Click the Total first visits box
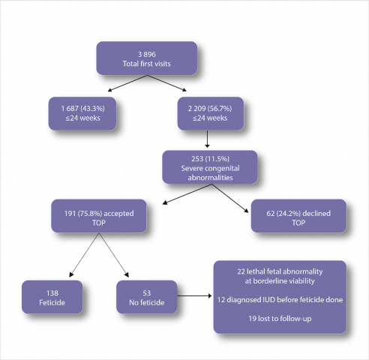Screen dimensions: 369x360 click(147, 58)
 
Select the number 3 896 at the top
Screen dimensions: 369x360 click(147, 54)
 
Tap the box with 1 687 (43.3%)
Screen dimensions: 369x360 click(82, 113)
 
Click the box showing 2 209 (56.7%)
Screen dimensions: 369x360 click(211, 113)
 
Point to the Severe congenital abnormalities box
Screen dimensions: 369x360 click(210, 167)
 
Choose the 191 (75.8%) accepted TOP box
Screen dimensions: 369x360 click(99, 216)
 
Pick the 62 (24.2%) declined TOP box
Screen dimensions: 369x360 click(298, 216)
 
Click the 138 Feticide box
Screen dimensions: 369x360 click(52, 297)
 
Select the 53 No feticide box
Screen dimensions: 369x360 click(147, 297)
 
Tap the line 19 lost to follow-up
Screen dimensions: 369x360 click(280, 319)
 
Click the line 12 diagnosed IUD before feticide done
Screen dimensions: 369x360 click(280, 299)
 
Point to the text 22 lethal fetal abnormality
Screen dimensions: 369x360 click(280, 271)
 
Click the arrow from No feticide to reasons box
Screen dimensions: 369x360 click(194, 296)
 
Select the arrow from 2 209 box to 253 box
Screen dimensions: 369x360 click(207, 139)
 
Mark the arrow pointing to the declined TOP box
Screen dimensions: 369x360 click(230, 198)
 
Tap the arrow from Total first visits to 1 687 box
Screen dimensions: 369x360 click(127, 83)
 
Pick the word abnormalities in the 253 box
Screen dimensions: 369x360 click(210, 178)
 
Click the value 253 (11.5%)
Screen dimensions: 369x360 click(210, 159)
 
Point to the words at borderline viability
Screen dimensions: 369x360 click(280, 281)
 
